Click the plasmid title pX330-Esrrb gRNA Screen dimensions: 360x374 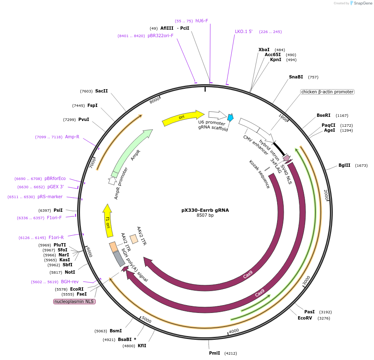(x=205, y=210)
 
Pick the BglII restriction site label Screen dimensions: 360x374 (x=344, y=166)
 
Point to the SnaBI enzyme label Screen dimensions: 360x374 (x=296, y=77)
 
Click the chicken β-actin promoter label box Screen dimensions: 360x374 (x=327, y=92)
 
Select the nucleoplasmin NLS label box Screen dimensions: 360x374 (x=74, y=301)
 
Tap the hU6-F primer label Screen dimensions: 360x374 (x=202, y=21)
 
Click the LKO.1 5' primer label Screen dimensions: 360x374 (x=244, y=31)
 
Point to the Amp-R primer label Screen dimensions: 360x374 (x=72, y=137)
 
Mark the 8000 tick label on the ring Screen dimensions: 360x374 (x=155, y=100)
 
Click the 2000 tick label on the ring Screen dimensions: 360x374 (x=326, y=194)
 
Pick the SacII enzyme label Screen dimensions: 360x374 (x=101, y=91)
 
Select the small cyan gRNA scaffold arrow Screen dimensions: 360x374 (x=231, y=118)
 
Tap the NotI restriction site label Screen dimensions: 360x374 (x=69, y=272)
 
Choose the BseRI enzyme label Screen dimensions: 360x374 (x=324, y=115)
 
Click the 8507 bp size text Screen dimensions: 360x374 (x=205, y=215)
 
